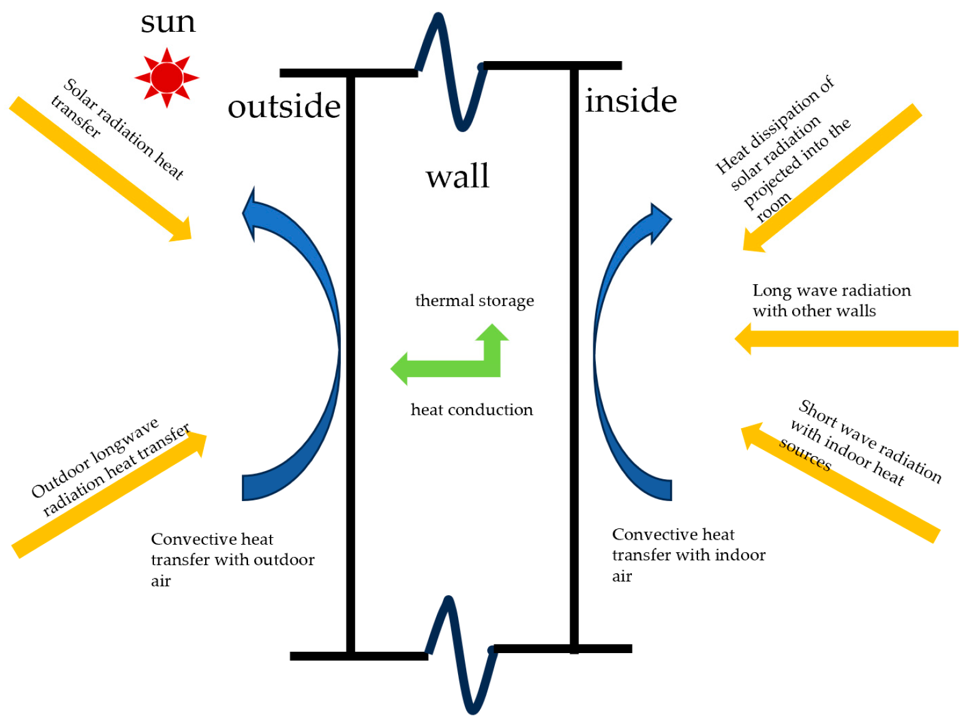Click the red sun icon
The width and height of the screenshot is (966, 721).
[x=166, y=77]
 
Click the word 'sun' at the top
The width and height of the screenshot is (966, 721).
[x=168, y=22]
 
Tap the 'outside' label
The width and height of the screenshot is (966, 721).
[x=284, y=106]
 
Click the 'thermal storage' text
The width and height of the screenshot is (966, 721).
[x=474, y=300]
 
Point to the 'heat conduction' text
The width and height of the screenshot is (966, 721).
[x=472, y=409]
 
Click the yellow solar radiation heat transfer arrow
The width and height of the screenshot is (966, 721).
[x=100, y=168]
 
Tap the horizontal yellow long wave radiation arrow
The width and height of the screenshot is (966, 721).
[x=848, y=338]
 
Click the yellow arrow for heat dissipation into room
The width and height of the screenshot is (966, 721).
[x=832, y=178]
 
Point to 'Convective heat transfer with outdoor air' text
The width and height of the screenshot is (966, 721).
[x=232, y=560]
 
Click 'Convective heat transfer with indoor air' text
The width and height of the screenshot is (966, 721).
[x=688, y=555]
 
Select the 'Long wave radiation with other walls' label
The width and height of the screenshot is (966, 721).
[x=831, y=300]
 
